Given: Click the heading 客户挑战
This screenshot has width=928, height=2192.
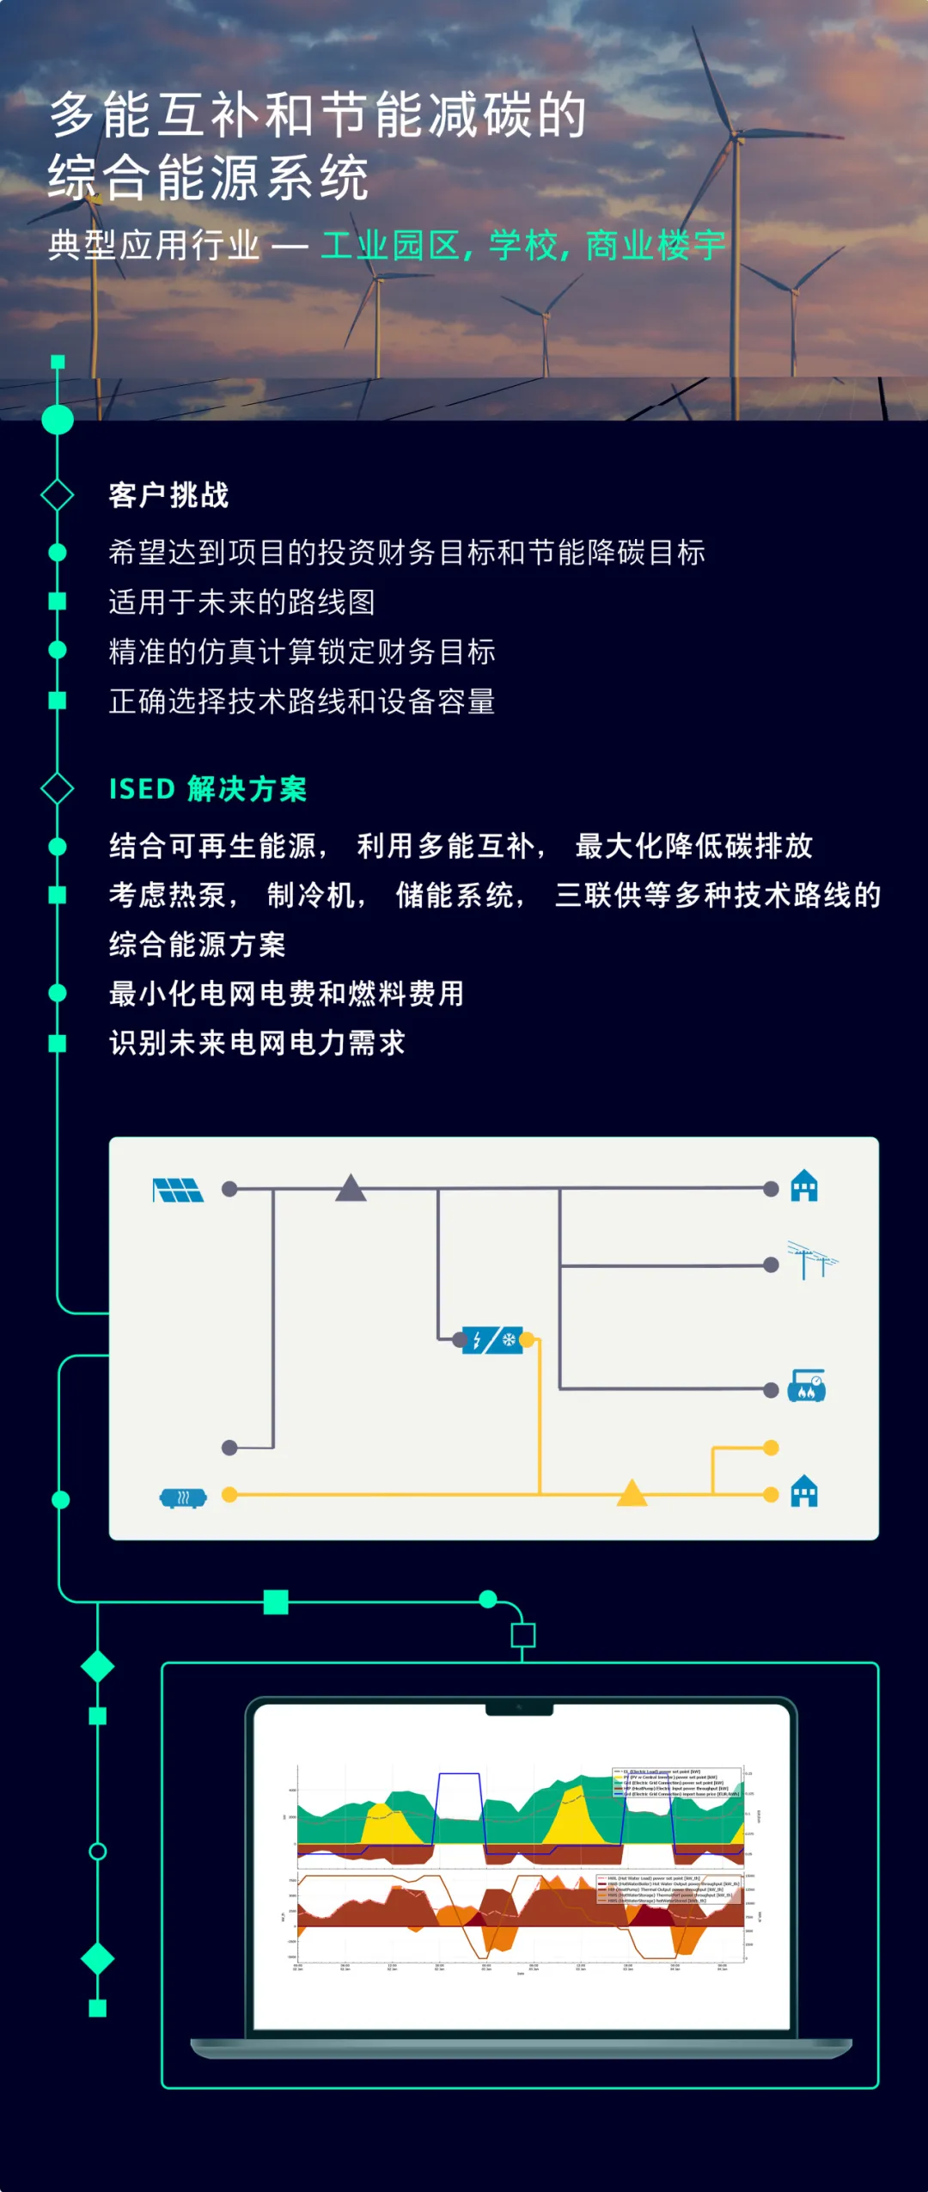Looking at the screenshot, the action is click(168, 495).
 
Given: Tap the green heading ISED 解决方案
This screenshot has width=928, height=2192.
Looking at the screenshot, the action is click(208, 788).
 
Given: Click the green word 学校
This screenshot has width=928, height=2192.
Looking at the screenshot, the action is click(524, 246).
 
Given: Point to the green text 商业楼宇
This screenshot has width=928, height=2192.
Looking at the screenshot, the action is click(656, 246).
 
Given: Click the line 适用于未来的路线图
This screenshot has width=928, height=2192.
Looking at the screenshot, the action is click(241, 602).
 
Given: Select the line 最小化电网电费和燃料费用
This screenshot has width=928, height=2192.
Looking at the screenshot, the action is click(286, 994).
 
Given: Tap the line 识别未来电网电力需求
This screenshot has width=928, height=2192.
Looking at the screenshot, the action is click(257, 1043).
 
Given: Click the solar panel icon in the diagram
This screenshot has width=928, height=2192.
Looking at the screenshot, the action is click(178, 1191).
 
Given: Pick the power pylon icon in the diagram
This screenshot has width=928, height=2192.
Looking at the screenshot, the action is click(810, 1260).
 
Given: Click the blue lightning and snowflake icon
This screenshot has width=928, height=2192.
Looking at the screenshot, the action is click(492, 1339).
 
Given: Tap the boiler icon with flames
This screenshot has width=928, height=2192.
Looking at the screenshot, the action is click(806, 1386).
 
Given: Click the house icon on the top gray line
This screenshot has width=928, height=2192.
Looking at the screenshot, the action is click(803, 1186).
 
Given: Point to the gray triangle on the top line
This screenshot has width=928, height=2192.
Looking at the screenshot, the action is click(351, 1188).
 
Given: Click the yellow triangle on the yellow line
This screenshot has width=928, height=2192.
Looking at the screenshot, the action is click(632, 1494).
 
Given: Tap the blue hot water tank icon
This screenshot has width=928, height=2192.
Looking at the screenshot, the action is click(183, 1498).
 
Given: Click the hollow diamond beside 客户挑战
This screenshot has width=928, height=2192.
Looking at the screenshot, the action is click(58, 495).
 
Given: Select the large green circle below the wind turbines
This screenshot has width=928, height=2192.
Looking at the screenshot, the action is click(58, 419).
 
